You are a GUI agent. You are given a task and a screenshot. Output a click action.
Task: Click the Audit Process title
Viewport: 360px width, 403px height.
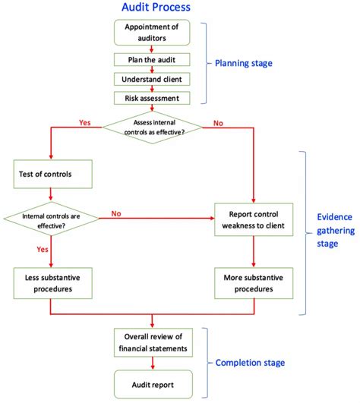[x=156, y=8]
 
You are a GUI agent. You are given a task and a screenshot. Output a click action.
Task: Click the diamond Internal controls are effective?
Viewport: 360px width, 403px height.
[x=51, y=219]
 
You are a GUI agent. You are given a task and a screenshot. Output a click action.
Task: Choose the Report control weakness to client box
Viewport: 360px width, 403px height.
[x=253, y=219]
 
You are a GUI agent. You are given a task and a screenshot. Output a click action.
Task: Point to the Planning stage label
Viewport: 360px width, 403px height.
[x=243, y=64]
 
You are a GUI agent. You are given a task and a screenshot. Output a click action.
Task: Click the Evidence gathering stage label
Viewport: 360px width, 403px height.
[x=337, y=230]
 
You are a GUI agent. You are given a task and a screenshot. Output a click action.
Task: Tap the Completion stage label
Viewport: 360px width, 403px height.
[x=250, y=363]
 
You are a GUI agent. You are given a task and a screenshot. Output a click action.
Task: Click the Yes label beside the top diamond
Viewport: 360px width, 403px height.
[x=86, y=121]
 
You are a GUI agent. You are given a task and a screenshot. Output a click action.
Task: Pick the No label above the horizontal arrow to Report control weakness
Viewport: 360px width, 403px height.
[x=116, y=213]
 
